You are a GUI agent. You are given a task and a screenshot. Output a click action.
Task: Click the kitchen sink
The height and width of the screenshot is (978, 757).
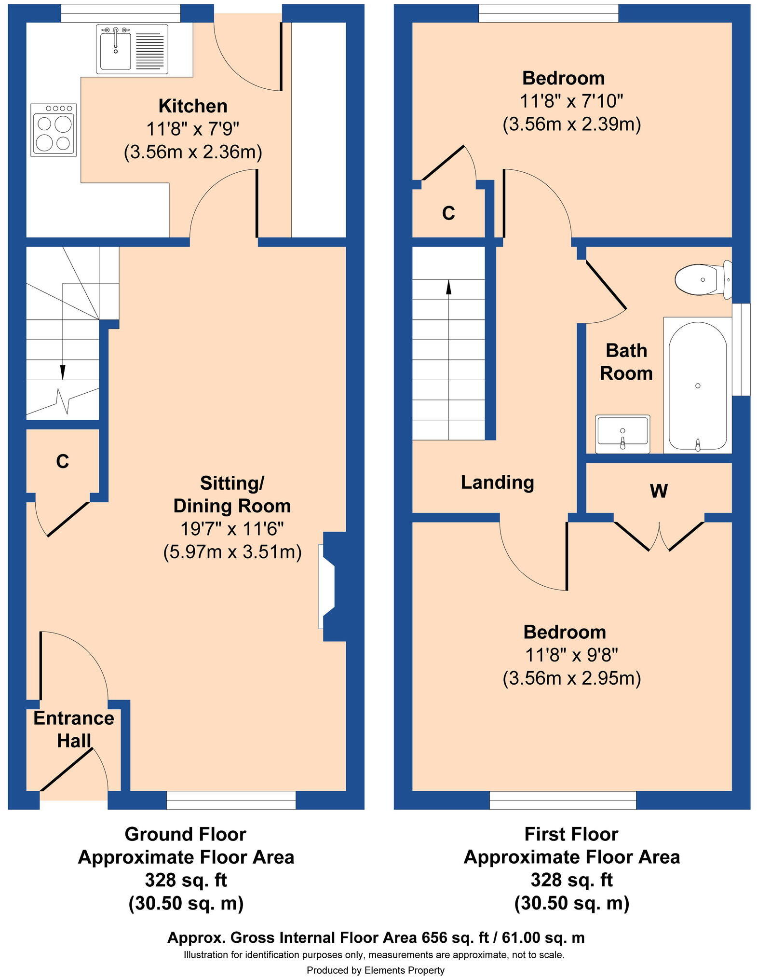coord(116,49)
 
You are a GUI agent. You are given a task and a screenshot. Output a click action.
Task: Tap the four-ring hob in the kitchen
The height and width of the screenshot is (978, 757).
coord(54,130)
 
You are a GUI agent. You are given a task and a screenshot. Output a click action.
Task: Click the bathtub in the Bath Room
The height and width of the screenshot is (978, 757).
coord(697,385)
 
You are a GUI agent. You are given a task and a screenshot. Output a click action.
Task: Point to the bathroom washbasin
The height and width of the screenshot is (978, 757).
coord(622,433)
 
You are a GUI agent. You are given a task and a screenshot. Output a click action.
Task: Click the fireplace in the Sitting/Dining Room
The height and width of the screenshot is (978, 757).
coord(328,586)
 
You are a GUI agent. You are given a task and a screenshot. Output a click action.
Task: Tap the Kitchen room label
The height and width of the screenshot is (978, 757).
coord(193,106)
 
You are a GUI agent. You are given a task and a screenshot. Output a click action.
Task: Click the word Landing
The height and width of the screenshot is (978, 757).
coord(497,482)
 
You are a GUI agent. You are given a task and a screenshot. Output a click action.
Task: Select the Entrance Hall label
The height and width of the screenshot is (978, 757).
coord(74,729)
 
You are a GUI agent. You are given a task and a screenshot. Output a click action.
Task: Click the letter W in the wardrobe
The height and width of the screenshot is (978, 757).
coord(659,491)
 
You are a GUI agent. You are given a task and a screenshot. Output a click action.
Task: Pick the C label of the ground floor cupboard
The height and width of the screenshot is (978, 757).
coord(62,462)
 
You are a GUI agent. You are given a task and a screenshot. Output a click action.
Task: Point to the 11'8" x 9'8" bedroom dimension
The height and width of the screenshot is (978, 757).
coord(571,655)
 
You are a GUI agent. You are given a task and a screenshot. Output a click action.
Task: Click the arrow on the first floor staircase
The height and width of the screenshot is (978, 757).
coord(449,287)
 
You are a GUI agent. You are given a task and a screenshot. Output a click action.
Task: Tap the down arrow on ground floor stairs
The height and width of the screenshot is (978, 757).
coord(63,372)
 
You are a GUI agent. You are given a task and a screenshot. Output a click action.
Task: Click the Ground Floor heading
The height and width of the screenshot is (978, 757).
coord(185,834)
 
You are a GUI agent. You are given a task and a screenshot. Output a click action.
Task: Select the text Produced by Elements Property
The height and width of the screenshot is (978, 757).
coord(375,970)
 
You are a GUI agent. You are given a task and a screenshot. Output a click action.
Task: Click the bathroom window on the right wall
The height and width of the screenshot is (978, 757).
coord(741,349)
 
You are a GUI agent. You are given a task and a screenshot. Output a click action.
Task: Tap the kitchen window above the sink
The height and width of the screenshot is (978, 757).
coord(121,13)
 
